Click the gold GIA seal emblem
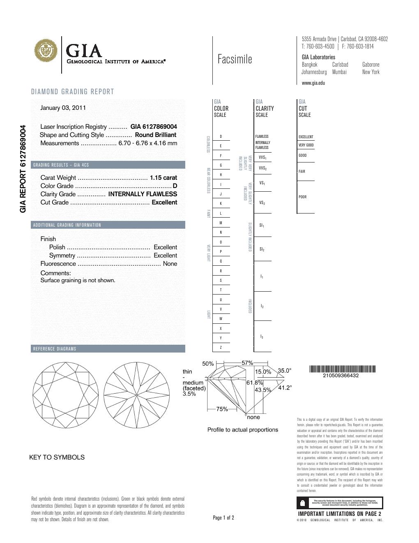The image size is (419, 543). [46, 51]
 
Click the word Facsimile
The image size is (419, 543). [235, 60]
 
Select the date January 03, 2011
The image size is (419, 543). [63, 108]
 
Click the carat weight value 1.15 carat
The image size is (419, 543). [163, 178]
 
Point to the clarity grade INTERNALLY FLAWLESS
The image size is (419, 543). [142, 194]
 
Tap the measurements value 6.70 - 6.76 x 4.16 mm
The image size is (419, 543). [147, 143]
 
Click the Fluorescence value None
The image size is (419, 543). [170, 264]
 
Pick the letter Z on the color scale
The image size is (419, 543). [221, 348]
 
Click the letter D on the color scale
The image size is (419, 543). [221, 137]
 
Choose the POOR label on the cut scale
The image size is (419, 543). [303, 197]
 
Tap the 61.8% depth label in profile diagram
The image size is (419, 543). [254, 383]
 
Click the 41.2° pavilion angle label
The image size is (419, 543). [285, 388]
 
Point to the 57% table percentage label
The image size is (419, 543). [247, 363]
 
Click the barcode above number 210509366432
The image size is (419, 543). [342, 369]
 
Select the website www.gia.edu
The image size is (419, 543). [313, 83]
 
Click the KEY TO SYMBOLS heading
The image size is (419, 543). [57, 457]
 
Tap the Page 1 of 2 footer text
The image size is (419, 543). [223, 517]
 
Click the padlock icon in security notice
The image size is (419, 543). [303, 503]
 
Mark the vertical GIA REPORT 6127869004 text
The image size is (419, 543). [23, 169]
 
